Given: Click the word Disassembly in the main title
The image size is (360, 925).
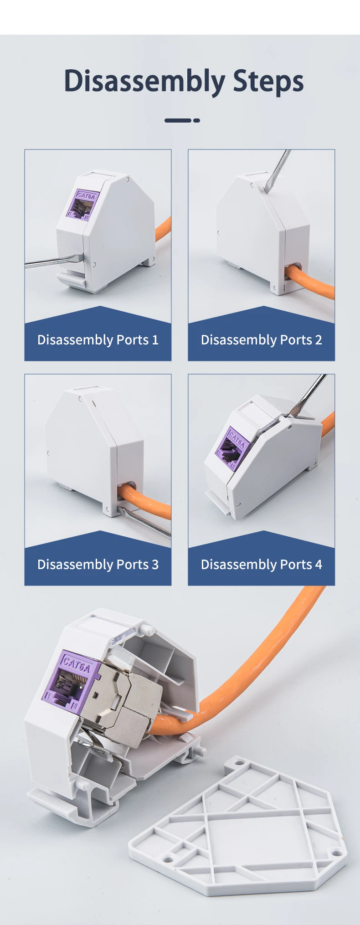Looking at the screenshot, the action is tap(144, 82).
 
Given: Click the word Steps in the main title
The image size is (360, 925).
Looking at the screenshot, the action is tap(268, 82).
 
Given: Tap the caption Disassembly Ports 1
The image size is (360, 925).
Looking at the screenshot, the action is tap(98, 340).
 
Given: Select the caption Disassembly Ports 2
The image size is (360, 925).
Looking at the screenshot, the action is tap(262, 340).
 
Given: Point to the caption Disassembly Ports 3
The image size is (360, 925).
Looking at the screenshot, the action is tap(98, 565).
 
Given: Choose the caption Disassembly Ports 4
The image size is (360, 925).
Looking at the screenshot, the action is tap(262, 565).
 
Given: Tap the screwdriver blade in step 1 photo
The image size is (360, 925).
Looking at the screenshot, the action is tap(54, 261).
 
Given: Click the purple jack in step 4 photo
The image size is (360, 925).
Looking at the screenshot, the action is tap(232, 447).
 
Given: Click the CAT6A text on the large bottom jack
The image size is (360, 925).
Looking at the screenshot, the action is tap(77, 664).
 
